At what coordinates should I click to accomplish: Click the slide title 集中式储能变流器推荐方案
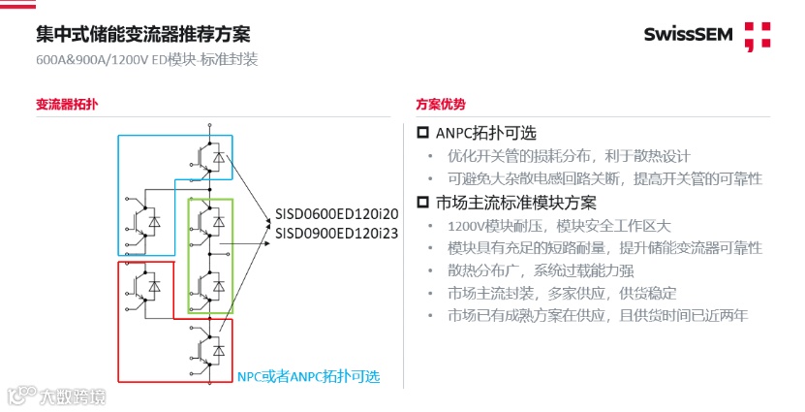[x=142, y=35]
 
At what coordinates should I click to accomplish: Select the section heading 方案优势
[x=441, y=104]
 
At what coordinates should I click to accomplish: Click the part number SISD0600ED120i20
[x=337, y=213]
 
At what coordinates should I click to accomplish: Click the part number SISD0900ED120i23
[x=337, y=233]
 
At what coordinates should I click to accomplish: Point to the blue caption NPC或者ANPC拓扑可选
[x=309, y=377]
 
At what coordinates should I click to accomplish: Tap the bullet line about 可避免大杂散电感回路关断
[x=604, y=179]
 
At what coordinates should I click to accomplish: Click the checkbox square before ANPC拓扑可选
[x=422, y=133]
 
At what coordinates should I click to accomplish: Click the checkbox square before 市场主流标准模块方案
[x=422, y=203]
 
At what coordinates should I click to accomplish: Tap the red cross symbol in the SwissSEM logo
[x=757, y=36]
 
